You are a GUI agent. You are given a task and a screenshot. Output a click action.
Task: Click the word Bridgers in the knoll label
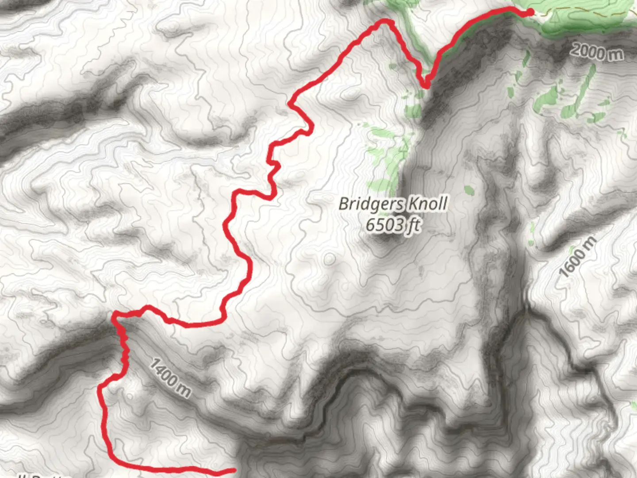click(x=371, y=204)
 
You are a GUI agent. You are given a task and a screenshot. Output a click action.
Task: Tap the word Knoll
click(x=427, y=204)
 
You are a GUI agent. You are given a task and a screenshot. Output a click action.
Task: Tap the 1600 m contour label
click(x=577, y=257)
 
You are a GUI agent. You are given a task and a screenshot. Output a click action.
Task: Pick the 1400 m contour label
click(x=170, y=378)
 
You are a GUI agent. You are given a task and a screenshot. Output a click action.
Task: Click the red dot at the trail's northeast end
click(x=530, y=12)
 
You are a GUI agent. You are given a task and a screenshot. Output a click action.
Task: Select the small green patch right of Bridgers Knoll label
click(x=469, y=191)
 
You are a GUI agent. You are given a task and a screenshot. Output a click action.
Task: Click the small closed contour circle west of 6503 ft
click(x=329, y=259)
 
